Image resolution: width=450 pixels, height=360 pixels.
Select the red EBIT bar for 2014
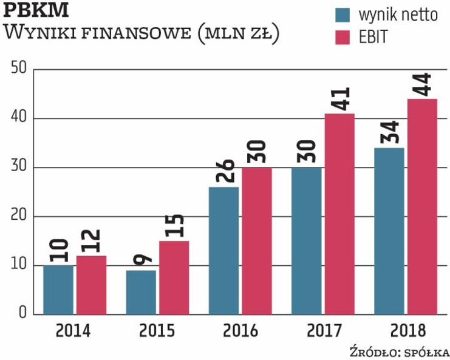coord(91,285)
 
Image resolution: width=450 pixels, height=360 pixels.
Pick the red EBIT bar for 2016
coord(256,240)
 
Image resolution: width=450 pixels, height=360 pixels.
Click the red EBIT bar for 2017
coord(339,214)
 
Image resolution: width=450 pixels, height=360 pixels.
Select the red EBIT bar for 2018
coord(421,206)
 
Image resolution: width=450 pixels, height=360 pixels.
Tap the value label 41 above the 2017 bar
coord(339,100)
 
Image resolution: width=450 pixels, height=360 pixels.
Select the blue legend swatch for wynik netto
coord(344,15)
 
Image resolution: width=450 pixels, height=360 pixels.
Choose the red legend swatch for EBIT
coord(344,38)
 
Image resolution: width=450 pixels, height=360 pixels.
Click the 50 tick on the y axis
coord(18,69)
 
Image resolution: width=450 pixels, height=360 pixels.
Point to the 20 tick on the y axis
coord(18,216)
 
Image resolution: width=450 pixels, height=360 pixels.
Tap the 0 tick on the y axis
coord(22,314)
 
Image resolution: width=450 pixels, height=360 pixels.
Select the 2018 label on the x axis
coord(406,331)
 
